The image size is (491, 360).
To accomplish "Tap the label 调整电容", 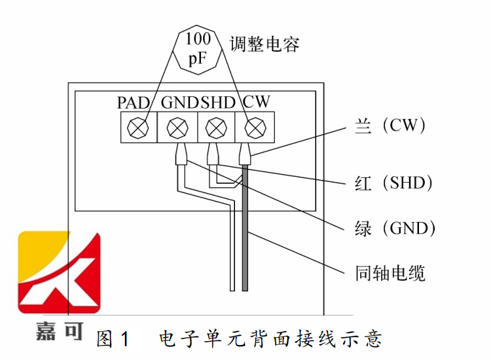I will point(264,45).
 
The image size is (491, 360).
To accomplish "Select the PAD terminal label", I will point(134,102).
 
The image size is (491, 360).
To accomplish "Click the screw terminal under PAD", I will point(138,126).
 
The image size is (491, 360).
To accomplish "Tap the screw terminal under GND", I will point(176,126).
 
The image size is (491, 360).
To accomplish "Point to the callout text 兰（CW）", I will point(386,125).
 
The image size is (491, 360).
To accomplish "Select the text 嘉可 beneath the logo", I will point(60,331).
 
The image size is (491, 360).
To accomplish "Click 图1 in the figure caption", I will point(113,338).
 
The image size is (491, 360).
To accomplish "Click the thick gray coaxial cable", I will point(245,229).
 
